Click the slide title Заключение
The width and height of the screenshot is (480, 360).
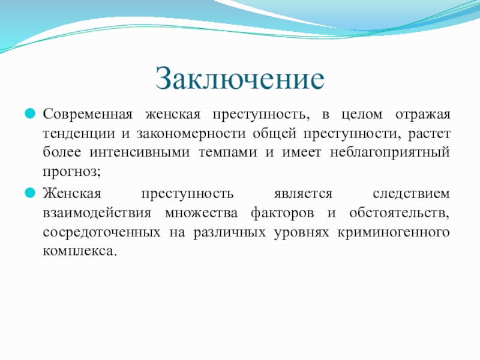239,79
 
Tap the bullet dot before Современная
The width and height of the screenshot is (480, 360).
30,114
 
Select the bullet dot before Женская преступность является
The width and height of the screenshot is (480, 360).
30,193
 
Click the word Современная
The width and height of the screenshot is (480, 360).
88,114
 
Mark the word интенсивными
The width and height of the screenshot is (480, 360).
140,153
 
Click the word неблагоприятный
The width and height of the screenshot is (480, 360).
390,153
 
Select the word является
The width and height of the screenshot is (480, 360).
303,194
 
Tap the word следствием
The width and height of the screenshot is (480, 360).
412,194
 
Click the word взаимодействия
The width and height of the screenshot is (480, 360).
97,213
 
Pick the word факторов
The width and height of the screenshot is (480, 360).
283,213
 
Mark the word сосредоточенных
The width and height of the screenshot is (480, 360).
101,233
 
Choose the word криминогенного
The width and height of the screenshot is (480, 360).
394,233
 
